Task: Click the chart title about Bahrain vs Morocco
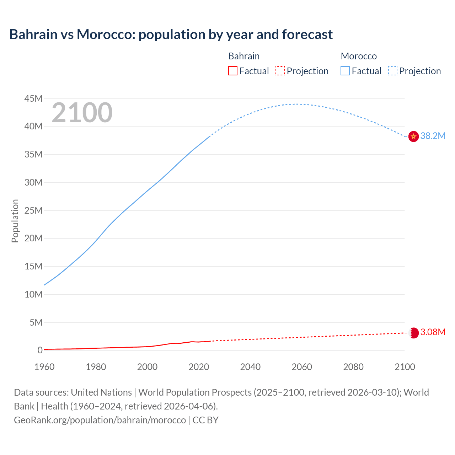[x=171, y=34]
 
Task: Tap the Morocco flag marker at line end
[x=413, y=136]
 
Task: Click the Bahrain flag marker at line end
[x=413, y=333]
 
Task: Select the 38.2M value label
[x=433, y=136]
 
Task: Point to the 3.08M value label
[x=433, y=332]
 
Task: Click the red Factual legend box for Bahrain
[x=233, y=71]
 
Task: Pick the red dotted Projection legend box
[x=280, y=71]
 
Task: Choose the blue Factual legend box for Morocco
[x=345, y=71]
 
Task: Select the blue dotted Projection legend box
[x=393, y=71]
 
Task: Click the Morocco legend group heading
[x=359, y=56]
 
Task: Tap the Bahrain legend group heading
[x=244, y=56]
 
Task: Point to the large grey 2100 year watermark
[x=82, y=113]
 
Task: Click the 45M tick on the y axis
[x=33, y=98]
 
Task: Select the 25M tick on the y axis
[x=33, y=210]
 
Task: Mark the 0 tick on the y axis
[x=40, y=350]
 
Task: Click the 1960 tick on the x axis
[x=44, y=367]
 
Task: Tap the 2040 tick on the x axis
[x=250, y=367]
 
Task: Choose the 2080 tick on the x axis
[x=353, y=367]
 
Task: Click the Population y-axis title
[x=15, y=221]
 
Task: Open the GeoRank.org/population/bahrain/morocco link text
[x=100, y=420]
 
